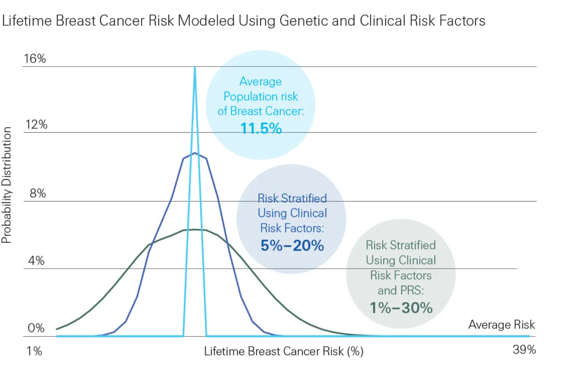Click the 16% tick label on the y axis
pos(35,59)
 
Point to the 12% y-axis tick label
pos(36,125)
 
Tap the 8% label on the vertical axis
pos(38,193)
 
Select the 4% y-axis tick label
pos(36,261)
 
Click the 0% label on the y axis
pos(36,328)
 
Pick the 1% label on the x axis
pos(34,351)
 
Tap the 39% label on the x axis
pos(524,350)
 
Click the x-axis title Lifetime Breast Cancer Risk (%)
pos(284,351)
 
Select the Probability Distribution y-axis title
pos(7,185)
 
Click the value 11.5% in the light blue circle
pos(261,128)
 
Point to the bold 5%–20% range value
pos(292,246)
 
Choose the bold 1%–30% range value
pos(401,308)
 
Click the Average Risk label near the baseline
pos(501,325)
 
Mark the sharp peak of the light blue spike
pos(195,68)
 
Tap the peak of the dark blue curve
pos(195,153)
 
